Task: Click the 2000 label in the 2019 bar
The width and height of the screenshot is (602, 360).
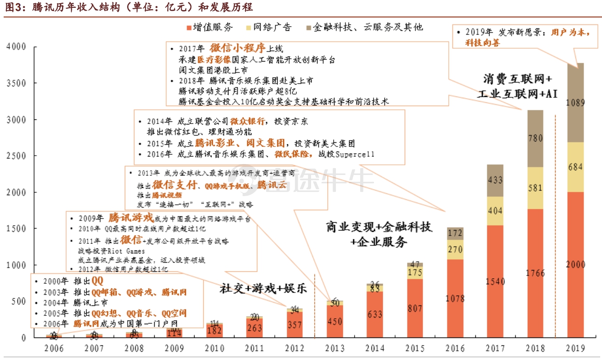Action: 575,264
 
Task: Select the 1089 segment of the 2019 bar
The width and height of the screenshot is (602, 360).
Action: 575,103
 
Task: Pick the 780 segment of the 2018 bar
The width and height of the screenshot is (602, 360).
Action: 535,138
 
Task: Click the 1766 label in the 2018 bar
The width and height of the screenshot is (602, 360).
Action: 535,273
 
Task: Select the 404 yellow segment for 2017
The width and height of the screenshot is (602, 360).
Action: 494,211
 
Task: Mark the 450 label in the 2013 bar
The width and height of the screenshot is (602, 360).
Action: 334,321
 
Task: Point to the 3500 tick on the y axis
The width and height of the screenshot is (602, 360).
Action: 17,83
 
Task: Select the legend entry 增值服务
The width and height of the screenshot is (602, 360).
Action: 212,27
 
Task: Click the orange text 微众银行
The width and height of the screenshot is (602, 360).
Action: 249,122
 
